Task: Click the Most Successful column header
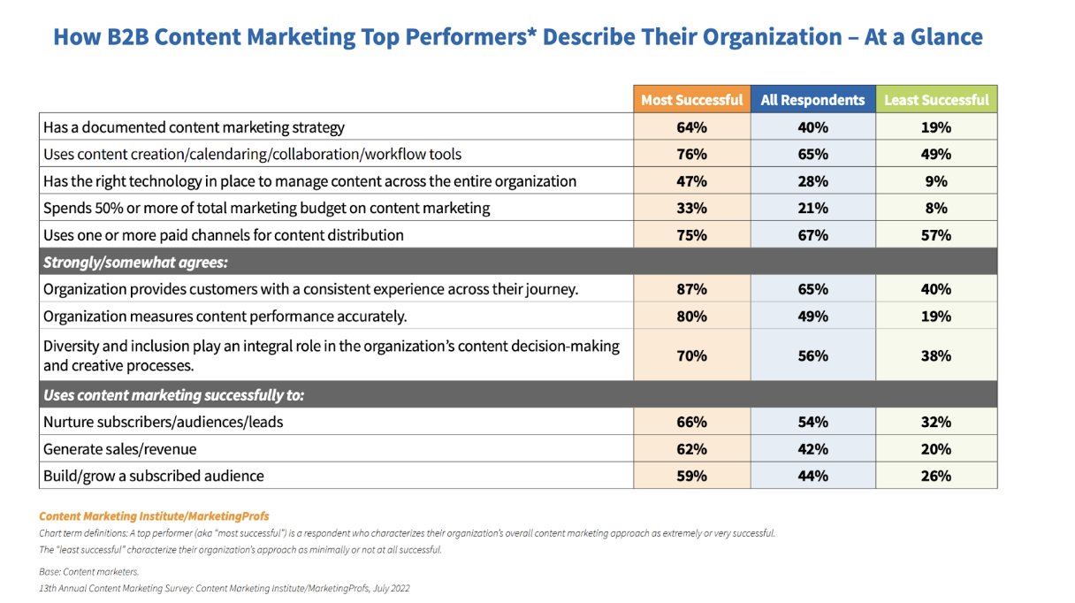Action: click(691, 100)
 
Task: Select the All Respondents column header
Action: click(812, 100)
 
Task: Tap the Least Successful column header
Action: click(936, 100)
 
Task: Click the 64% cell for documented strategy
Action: click(691, 127)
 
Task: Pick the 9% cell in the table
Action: click(936, 181)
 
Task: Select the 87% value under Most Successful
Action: click(691, 289)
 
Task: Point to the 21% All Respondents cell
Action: click(812, 208)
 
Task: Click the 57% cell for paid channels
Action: click(936, 235)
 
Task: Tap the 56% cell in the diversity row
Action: click(812, 355)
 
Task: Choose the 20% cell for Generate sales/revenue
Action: click(936, 449)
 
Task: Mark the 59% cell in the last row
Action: click(691, 476)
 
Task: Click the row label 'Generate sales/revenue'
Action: click(120, 449)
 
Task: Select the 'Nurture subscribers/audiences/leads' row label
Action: click(164, 422)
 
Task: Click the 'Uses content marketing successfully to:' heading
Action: click(179, 395)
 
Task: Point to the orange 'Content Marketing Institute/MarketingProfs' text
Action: click(154, 515)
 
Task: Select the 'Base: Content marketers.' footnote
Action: click(88, 572)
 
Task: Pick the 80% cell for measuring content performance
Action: click(691, 317)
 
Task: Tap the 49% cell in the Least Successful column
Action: click(936, 154)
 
